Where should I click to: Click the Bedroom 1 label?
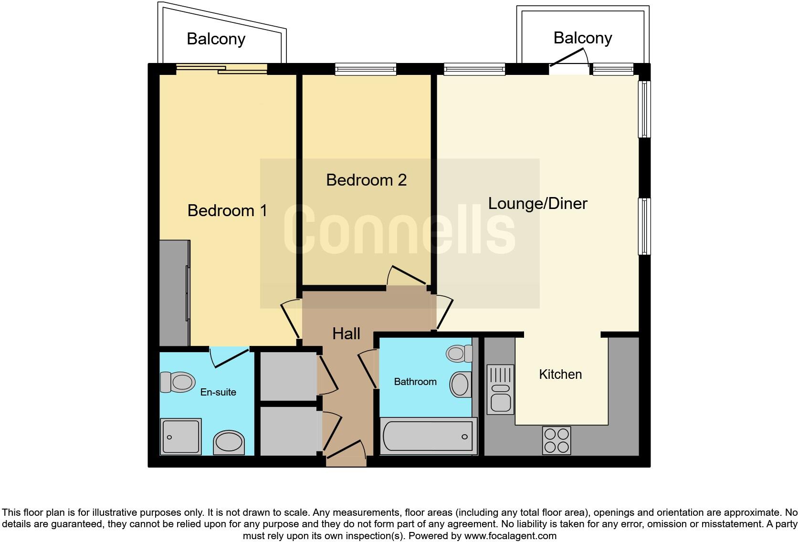[227, 210]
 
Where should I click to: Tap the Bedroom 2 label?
[366, 180]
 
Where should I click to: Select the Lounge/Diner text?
[537, 203]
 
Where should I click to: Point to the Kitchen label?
[560, 374]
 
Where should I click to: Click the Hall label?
[346, 334]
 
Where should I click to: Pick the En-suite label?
[218, 392]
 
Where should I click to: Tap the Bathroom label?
[415, 382]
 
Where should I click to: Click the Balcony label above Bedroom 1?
[216, 39]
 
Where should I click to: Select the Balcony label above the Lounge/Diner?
[582, 38]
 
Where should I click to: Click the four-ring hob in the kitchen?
[556, 440]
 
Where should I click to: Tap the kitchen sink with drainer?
[500, 389]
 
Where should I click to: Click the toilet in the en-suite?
[178, 382]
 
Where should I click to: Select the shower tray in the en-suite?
[181, 436]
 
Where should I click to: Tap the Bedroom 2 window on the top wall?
[366, 70]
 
